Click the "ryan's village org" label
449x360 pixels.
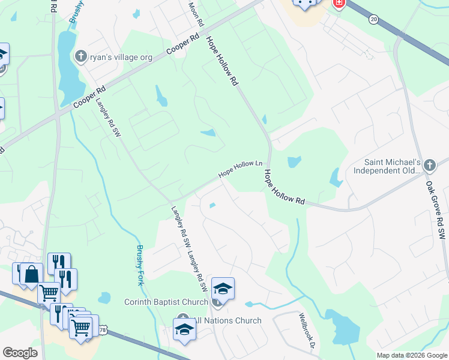(x=121, y=58)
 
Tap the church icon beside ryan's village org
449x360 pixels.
(x=81, y=57)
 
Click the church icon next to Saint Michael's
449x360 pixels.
(x=429, y=165)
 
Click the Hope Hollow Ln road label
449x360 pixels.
(x=241, y=168)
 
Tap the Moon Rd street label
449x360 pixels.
(x=196, y=13)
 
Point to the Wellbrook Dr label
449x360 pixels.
(x=307, y=331)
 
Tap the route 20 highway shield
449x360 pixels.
(x=374, y=20)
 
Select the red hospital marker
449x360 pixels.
(x=339, y=3)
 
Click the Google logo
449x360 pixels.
(x=20, y=353)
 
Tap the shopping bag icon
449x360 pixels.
(x=31, y=275)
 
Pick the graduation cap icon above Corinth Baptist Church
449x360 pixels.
(x=223, y=289)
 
